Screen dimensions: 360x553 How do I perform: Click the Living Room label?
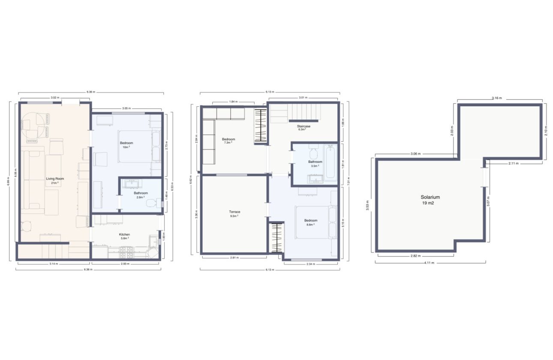tap(55, 179)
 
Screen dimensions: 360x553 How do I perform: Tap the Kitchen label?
tap(124, 234)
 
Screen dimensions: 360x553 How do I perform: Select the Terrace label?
tap(234, 212)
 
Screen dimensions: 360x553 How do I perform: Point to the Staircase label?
tap(304, 126)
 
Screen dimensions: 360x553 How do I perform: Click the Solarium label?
tap(430, 198)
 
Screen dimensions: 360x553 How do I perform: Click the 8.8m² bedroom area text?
tap(311, 224)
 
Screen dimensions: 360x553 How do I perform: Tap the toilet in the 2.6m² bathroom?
tap(151, 203)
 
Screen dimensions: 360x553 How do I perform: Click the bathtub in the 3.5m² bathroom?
tap(331, 163)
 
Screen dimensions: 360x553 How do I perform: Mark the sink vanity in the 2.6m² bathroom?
tap(131, 184)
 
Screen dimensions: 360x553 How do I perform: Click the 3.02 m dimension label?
tap(55, 98)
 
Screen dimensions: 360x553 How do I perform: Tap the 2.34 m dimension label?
tap(310, 264)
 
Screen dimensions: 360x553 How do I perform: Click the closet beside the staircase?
tap(261, 126)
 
